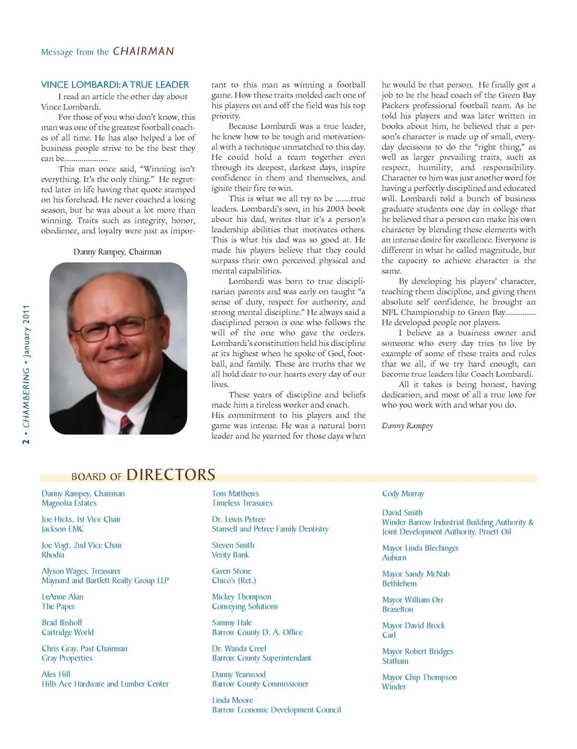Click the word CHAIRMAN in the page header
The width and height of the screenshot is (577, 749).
pos(143,52)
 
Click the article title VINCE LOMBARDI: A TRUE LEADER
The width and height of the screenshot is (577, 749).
pos(115,85)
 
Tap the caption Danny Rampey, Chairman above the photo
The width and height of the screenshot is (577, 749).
pos(117,252)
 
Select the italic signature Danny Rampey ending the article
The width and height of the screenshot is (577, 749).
pos(407,426)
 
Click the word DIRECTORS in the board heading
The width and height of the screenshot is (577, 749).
pos(171,475)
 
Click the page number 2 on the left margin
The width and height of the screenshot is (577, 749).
pos(26,441)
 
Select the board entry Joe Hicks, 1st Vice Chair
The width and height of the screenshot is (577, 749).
pos(81,519)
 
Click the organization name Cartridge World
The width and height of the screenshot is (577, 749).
pos(67,632)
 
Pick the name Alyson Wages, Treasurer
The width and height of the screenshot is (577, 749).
pos(81,571)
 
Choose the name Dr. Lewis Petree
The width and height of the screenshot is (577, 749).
pos(238,519)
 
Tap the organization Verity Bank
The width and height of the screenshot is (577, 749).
pos(230,555)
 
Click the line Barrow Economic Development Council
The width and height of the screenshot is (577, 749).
pos(276,710)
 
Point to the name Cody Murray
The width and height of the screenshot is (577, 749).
pos(403,494)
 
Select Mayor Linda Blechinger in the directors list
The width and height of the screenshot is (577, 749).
pos(420,548)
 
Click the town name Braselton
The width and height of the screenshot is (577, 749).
pos(397,610)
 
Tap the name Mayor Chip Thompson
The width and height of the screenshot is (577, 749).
pos(419,677)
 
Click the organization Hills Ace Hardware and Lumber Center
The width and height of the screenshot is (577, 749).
pos(105,684)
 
